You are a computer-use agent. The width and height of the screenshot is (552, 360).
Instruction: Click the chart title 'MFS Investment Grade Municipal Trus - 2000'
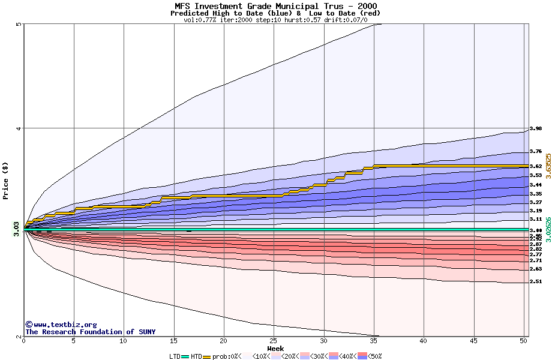[275, 6]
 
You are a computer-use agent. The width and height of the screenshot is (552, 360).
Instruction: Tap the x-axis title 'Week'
[275, 348]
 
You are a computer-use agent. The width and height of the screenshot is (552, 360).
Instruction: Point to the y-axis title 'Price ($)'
[5, 180]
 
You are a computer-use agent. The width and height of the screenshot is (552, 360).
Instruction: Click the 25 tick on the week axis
[274, 341]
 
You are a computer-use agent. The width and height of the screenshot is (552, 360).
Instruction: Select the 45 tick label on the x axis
[473, 341]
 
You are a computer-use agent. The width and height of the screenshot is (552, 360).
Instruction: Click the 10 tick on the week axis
[124, 341]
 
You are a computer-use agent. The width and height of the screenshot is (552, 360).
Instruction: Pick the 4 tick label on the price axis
[19, 128]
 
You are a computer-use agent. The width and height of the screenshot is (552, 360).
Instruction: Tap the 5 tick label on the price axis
[19, 25]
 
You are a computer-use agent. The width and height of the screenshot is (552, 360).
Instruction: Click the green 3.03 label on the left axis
[16, 229]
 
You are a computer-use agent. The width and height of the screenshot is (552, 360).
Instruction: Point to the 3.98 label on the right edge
[536, 128]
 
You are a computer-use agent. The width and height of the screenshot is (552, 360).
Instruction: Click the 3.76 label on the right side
[536, 152]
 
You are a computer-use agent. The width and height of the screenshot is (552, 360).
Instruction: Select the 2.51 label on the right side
[536, 281]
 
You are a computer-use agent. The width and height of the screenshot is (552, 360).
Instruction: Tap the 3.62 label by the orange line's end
[536, 166]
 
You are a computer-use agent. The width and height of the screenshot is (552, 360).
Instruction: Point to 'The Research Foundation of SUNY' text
[90, 332]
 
